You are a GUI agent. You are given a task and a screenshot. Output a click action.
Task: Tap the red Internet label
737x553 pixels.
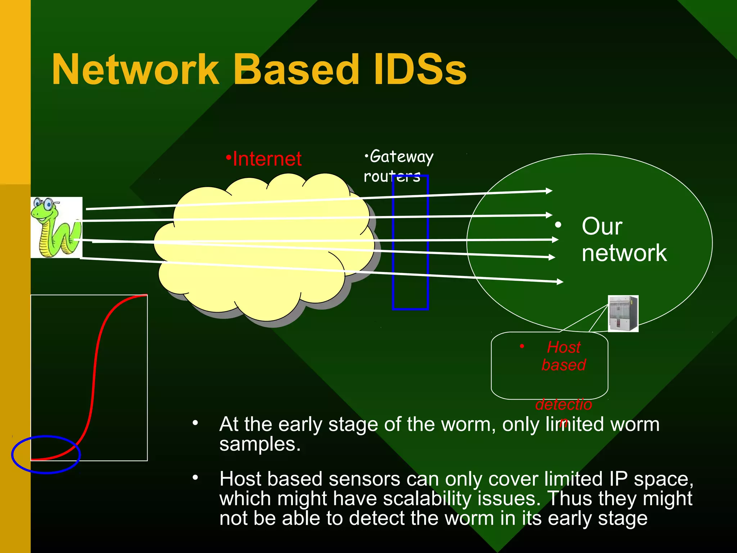267,159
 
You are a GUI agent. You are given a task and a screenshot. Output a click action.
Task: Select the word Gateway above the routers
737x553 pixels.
401,157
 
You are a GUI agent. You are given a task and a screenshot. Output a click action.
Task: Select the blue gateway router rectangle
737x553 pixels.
410,295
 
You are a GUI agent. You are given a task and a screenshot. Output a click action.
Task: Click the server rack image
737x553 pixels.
623,313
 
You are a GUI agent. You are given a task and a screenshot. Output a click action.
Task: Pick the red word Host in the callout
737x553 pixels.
564,347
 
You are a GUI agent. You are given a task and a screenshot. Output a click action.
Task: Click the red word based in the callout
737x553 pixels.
564,365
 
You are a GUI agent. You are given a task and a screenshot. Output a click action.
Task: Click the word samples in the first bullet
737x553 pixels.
259,444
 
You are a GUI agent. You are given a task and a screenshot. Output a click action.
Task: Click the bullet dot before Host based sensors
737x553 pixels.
195,478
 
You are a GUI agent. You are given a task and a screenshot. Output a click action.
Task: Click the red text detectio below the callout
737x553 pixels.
564,405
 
